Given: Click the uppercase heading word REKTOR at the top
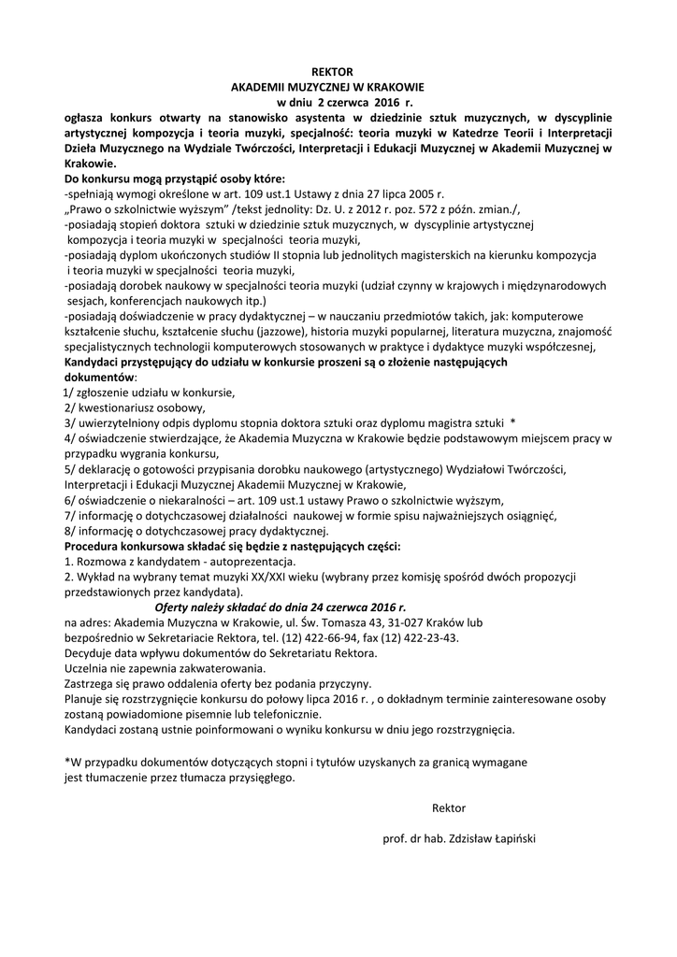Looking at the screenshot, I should [334, 72].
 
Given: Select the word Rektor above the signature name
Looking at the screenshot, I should [449, 807].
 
